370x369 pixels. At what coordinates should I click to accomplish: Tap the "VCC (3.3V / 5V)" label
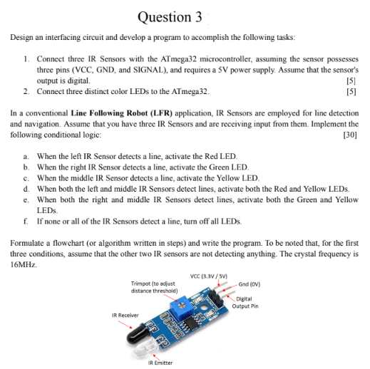pyautogui.click(x=209, y=276)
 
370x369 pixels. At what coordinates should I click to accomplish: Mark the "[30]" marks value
pyautogui.click(x=350, y=133)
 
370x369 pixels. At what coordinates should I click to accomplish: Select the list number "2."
pyautogui.click(x=26, y=91)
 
